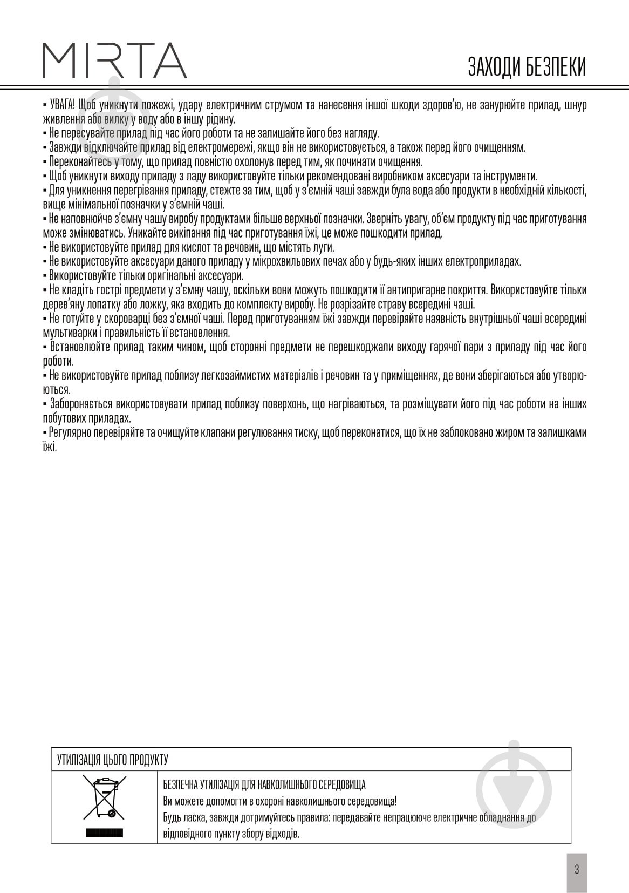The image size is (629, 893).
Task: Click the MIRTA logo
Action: pyautogui.click(x=114, y=60)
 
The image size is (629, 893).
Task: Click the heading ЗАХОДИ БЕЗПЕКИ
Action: pyautogui.click(x=527, y=67)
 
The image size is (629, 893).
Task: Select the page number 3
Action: pyautogui.click(x=577, y=869)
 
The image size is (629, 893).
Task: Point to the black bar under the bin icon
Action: pyautogui.click(x=104, y=833)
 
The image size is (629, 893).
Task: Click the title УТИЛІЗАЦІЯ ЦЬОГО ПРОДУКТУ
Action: pyautogui.click(x=113, y=760)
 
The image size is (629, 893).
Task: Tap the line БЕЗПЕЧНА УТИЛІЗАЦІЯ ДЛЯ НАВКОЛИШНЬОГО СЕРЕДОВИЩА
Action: pyautogui.click(x=264, y=784)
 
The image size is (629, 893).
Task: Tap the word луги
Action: pyautogui.click(x=325, y=248)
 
